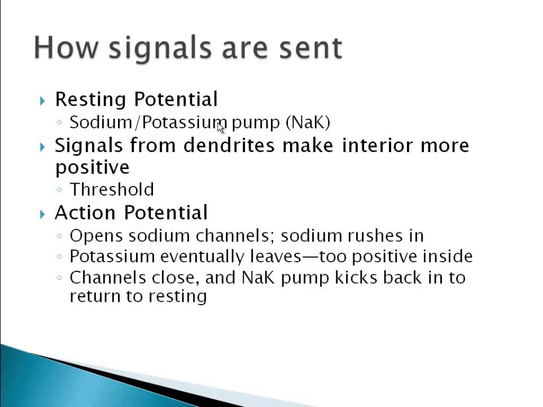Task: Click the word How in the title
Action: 65,47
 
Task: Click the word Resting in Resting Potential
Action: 90,99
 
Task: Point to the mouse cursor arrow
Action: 221,127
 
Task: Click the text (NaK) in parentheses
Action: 308,122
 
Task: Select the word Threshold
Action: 111,189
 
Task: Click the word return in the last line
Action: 90,296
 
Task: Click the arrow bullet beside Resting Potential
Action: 43,101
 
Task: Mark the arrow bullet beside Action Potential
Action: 43,214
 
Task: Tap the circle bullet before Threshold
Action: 60,190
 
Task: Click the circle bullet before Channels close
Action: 60,278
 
